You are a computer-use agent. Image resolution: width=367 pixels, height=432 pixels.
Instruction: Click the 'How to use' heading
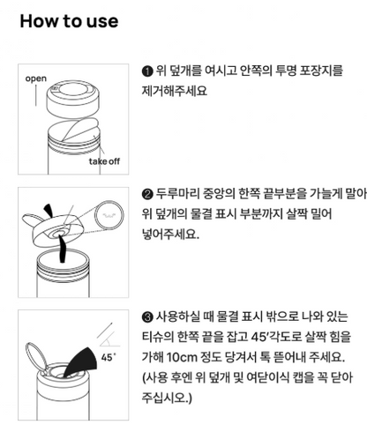[69, 21]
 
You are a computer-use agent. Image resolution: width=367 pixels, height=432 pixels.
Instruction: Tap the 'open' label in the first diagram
[36, 78]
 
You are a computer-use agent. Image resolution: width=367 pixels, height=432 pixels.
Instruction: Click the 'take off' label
[104, 161]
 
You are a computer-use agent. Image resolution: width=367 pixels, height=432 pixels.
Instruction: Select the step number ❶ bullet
[147, 71]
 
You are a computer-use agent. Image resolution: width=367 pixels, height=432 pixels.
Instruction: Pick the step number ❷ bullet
[147, 194]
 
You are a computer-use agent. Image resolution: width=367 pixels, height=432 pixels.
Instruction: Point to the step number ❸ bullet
[147, 317]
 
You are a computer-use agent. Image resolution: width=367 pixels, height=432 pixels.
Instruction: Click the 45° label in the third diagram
[109, 358]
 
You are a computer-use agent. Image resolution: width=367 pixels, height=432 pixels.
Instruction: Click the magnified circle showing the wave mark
[109, 215]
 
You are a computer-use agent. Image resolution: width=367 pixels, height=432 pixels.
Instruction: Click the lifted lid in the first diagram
[73, 100]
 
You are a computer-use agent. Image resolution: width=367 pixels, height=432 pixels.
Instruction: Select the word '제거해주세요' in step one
[175, 91]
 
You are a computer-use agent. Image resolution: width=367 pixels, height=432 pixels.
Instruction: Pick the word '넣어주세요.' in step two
[171, 235]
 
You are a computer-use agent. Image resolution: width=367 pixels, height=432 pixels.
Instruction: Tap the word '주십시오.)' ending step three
[167, 398]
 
